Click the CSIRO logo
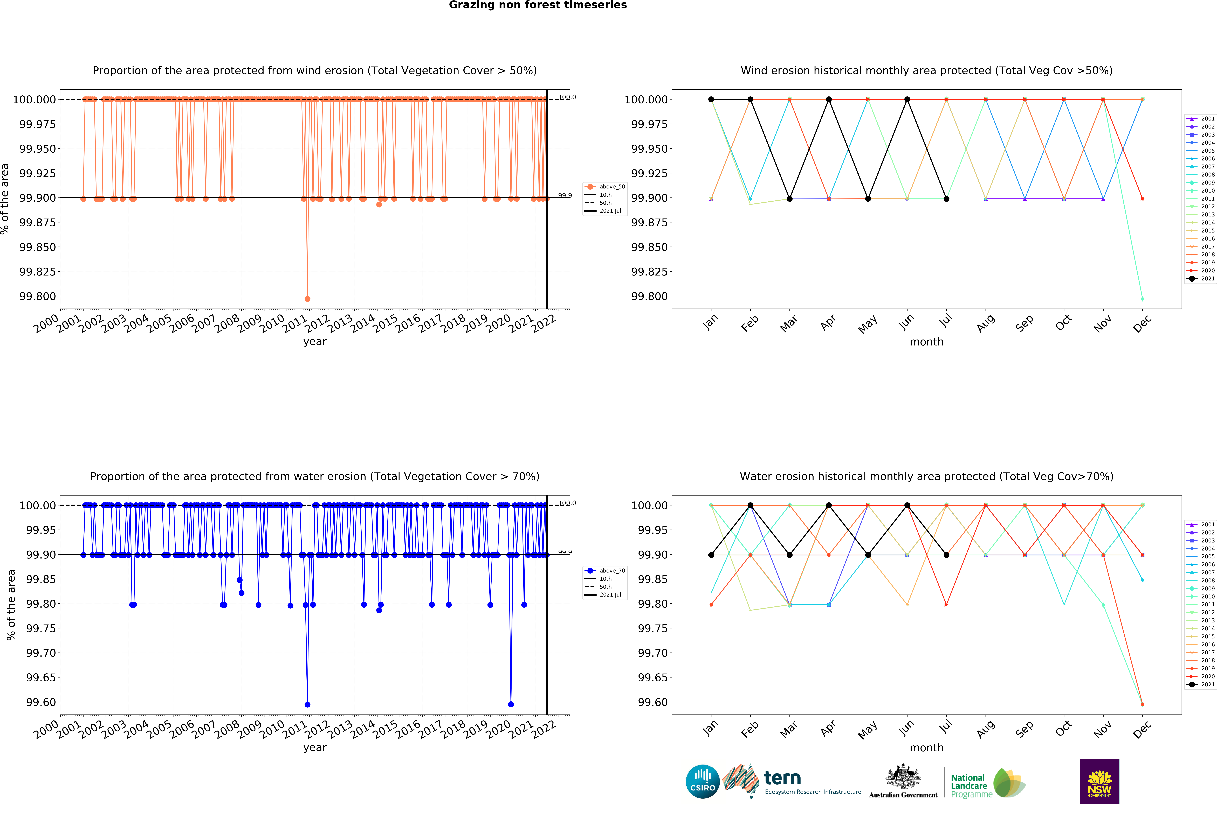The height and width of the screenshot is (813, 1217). (x=702, y=781)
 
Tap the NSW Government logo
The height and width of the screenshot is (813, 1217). (x=1099, y=781)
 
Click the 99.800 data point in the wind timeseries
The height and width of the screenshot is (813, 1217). (x=308, y=299)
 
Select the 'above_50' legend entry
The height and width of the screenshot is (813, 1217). (x=612, y=187)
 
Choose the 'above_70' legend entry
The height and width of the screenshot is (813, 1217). (x=612, y=571)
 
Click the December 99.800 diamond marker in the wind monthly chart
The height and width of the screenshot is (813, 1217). (x=1142, y=299)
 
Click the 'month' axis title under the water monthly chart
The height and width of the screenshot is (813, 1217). (x=926, y=748)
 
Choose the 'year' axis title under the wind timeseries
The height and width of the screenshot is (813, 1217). (x=315, y=342)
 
